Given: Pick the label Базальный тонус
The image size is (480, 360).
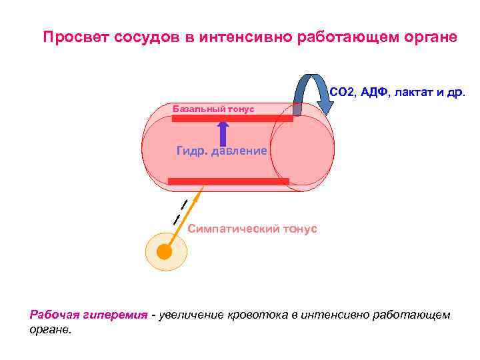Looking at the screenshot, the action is [x=213, y=109].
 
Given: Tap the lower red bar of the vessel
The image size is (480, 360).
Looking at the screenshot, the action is [x=228, y=181].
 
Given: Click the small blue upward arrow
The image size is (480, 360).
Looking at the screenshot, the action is [x=223, y=133].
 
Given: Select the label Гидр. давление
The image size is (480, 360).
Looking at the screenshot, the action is [x=221, y=151].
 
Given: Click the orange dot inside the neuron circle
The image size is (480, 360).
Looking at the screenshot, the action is [x=163, y=252].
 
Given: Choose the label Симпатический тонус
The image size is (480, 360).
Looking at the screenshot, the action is [x=253, y=229].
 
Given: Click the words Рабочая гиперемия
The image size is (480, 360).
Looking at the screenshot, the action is [x=88, y=315].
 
